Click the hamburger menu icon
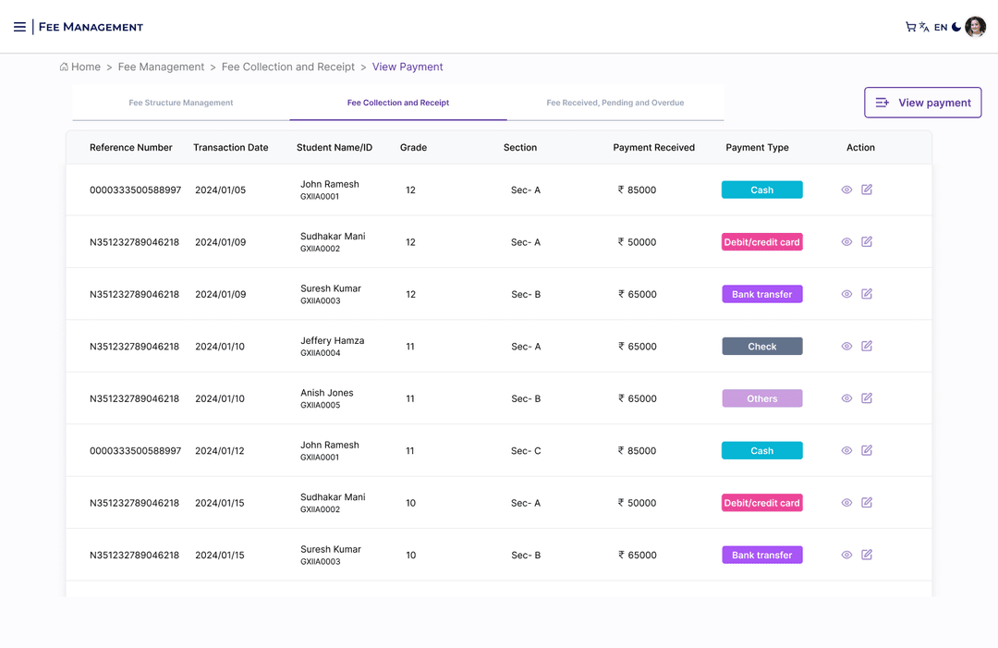(x=19, y=27)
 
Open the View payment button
(x=922, y=103)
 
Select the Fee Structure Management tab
(x=181, y=103)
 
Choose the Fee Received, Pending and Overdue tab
(x=615, y=103)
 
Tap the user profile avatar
(x=975, y=27)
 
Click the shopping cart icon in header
(x=910, y=27)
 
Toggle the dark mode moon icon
(x=956, y=27)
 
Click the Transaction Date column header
(x=231, y=147)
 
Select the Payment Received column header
(x=653, y=147)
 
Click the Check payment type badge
(x=761, y=347)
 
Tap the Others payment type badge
(x=761, y=398)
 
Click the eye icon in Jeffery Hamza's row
(x=846, y=347)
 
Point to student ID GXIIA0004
(x=320, y=353)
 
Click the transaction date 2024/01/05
(x=220, y=190)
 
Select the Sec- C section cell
(x=526, y=451)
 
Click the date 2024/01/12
(x=220, y=451)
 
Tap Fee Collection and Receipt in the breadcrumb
(x=288, y=67)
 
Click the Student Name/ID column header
(x=335, y=147)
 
